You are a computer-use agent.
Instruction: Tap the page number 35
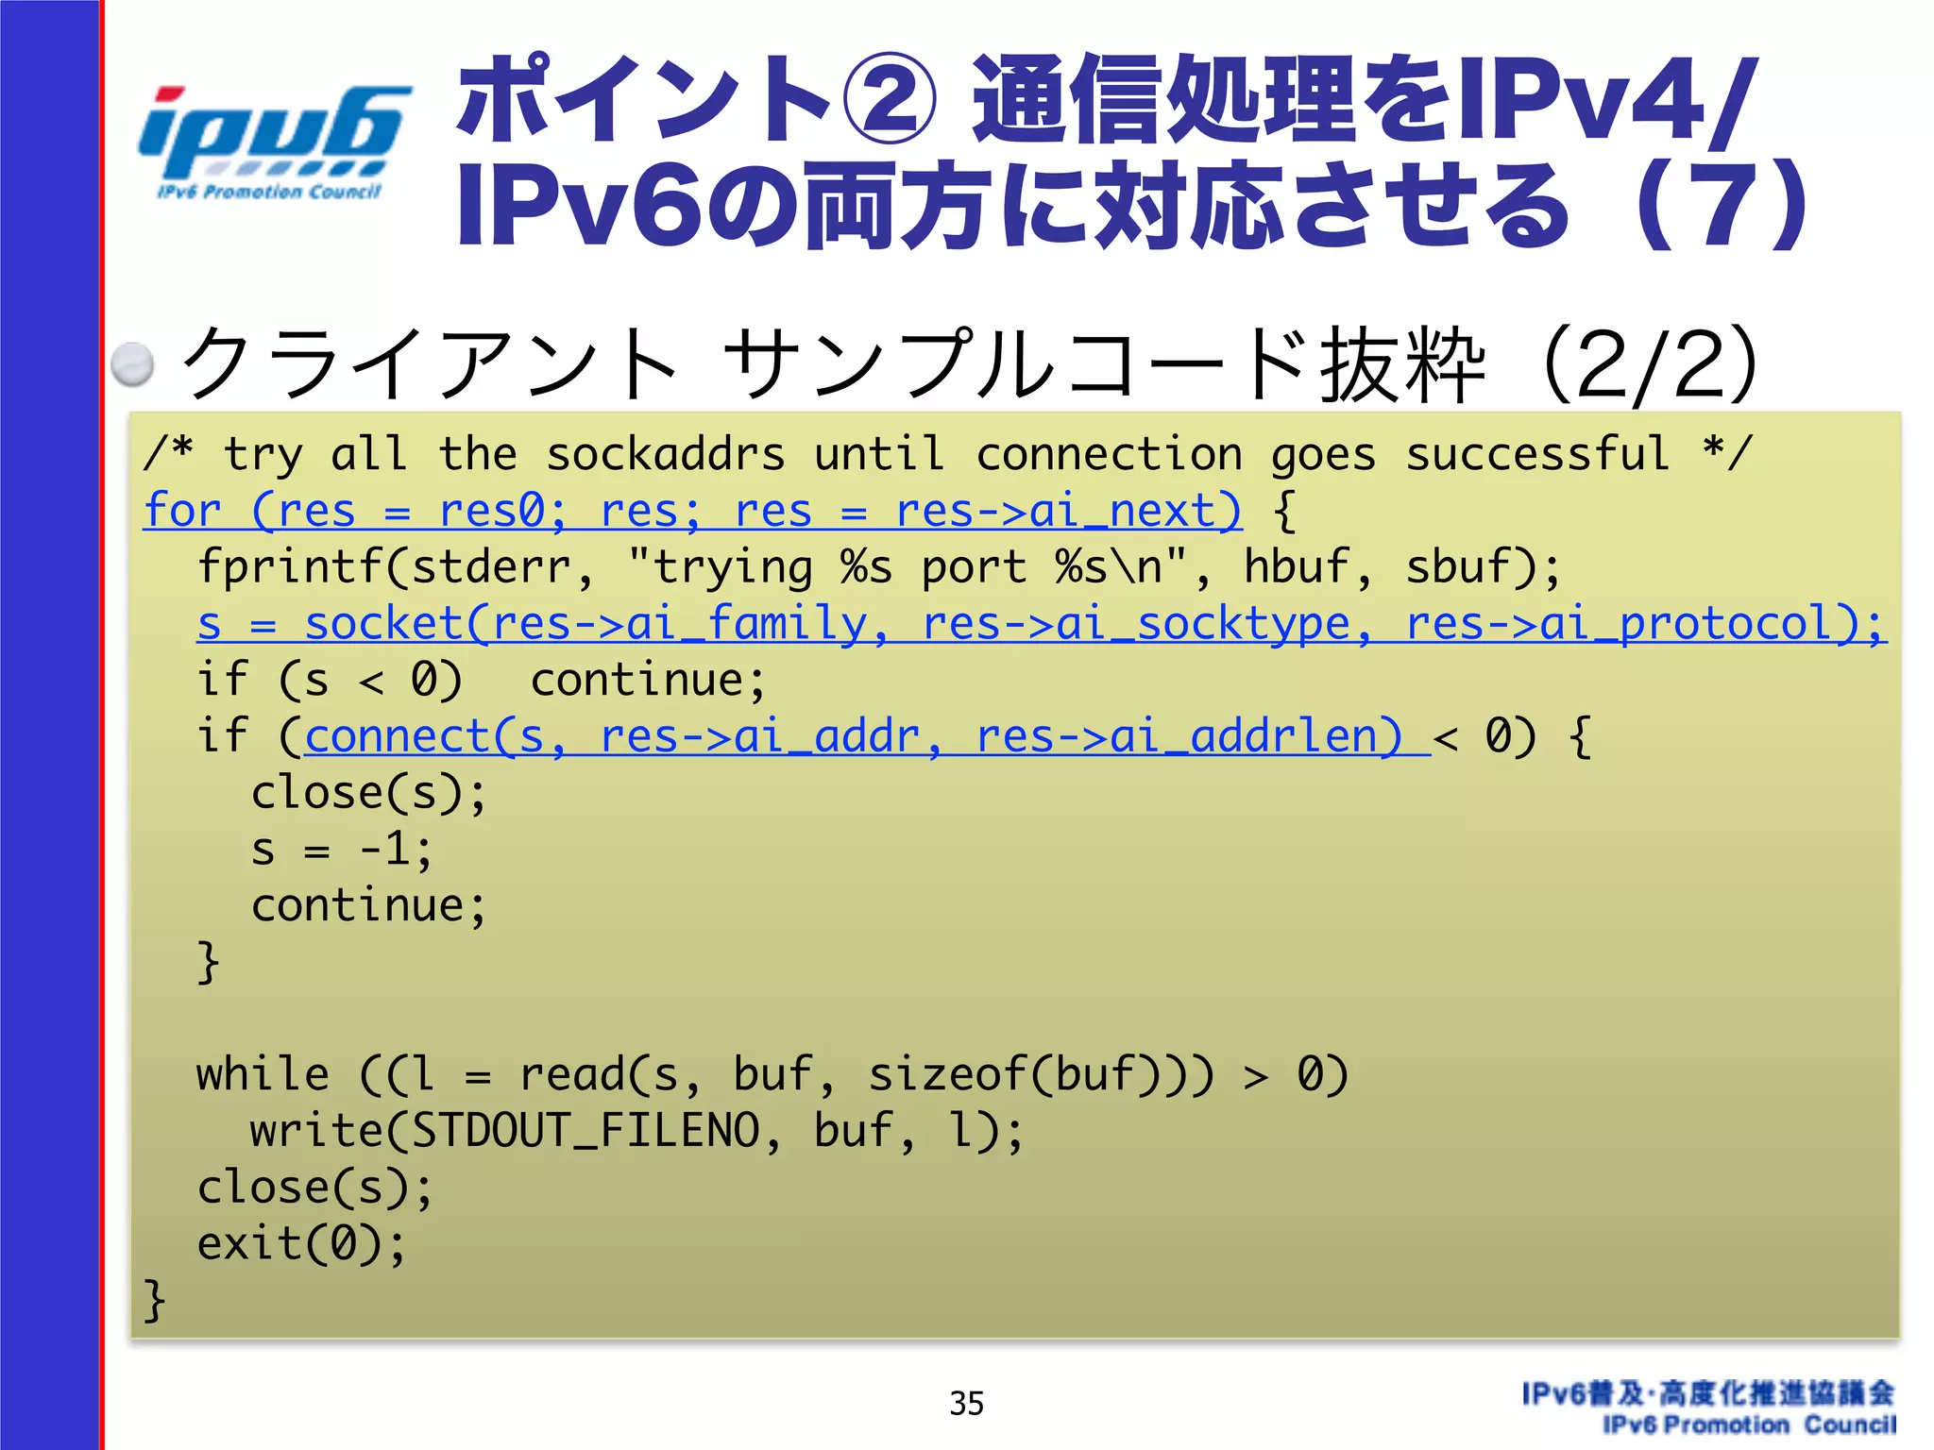point(966,1404)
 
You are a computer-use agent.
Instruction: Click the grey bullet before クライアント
point(132,364)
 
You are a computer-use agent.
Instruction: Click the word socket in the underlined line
point(383,624)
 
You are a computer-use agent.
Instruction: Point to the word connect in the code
point(397,737)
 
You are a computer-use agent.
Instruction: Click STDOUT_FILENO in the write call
point(585,1131)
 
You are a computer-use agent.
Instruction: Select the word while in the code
point(263,1075)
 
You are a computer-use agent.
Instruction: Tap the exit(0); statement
point(301,1244)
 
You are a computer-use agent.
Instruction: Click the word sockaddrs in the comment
point(666,455)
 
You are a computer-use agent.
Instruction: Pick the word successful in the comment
point(1537,455)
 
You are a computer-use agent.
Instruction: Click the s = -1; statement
point(342,850)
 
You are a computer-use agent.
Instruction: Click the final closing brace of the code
point(155,1301)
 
